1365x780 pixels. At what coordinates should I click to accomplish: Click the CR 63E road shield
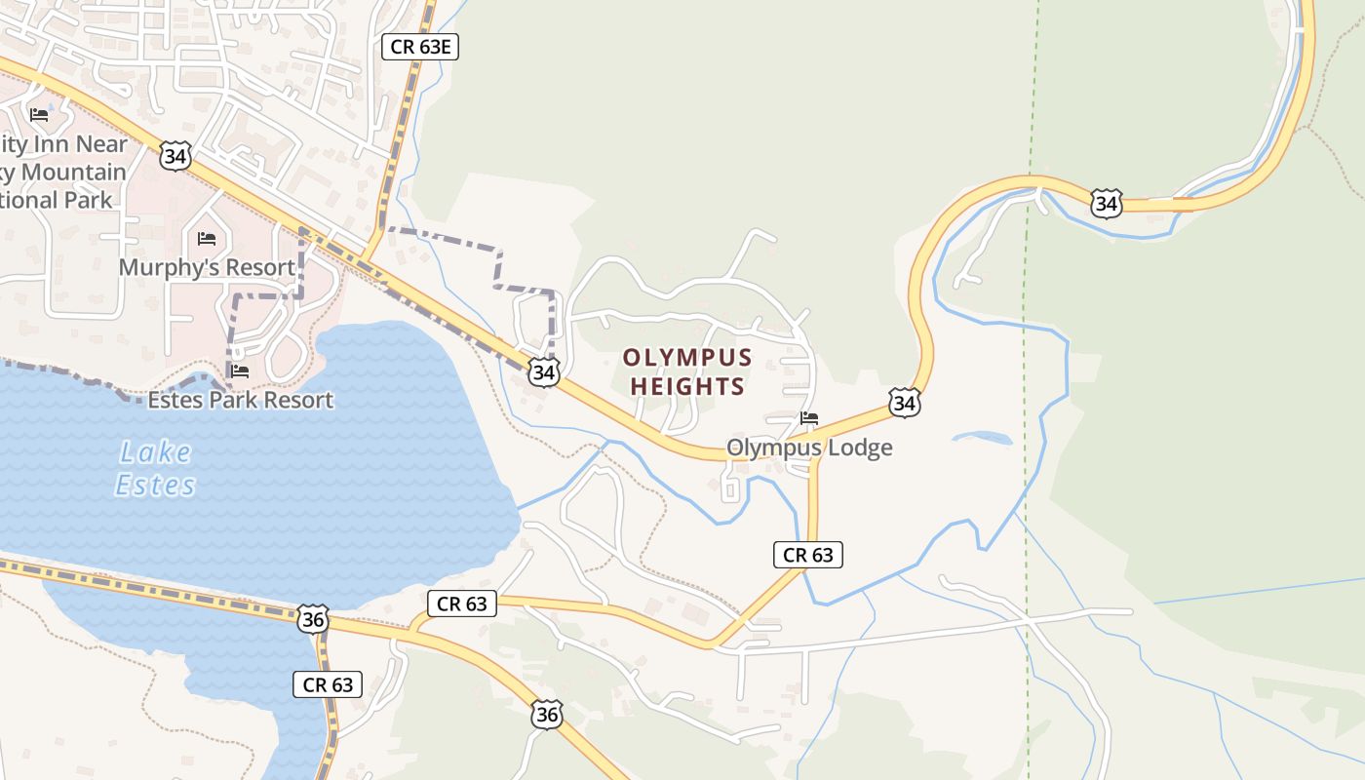pyautogui.click(x=419, y=47)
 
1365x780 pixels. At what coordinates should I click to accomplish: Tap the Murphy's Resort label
pyautogui.click(x=207, y=267)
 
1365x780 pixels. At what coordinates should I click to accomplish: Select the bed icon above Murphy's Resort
pyautogui.click(x=207, y=238)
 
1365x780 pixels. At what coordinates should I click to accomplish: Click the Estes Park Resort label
pyautogui.click(x=240, y=400)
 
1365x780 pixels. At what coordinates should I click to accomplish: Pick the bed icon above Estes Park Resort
pyautogui.click(x=240, y=371)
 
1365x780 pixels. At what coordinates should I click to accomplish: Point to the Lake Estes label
pyautogui.click(x=156, y=468)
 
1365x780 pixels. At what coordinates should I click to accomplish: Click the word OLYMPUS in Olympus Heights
pyautogui.click(x=687, y=357)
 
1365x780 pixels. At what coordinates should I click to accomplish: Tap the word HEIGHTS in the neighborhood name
pyautogui.click(x=687, y=386)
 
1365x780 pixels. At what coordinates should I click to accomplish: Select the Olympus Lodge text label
pyautogui.click(x=809, y=448)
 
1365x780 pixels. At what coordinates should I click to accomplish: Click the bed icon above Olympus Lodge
pyautogui.click(x=809, y=418)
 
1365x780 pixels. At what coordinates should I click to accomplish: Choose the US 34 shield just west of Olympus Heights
pyautogui.click(x=544, y=371)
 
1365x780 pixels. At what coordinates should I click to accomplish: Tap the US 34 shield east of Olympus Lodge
pyautogui.click(x=904, y=402)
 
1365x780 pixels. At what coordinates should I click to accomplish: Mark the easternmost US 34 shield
pyautogui.click(x=1106, y=203)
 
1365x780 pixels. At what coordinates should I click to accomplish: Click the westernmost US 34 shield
pyautogui.click(x=175, y=156)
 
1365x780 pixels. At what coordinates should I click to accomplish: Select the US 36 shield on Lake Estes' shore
pyautogui.click(x=313, y=618)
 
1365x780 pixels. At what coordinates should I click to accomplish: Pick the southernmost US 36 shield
pyautogui.click(x=547, y=715)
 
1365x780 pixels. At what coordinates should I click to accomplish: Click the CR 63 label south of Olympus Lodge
pyautogui.click(x=807, y=555)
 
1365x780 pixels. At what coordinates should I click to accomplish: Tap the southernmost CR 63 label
pyautogui.click(x=328, y=684)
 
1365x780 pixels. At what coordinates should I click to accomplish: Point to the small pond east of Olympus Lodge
pyautogui.click(x=981, y=438)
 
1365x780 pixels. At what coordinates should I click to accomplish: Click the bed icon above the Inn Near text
pyautogui.click(x=39, y=115)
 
